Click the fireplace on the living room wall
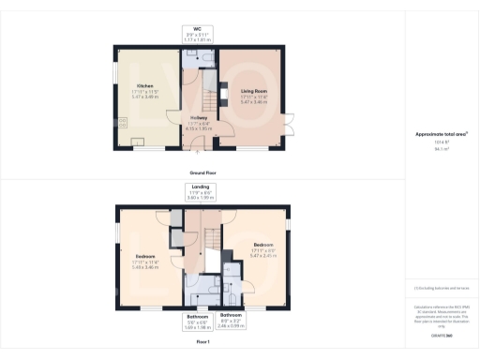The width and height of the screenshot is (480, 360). tap(222, 93)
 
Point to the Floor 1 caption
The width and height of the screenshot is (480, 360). tap(202, 342)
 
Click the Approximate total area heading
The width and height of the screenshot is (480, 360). tap(441, 134)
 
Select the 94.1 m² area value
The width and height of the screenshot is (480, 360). tap(441, 147)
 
